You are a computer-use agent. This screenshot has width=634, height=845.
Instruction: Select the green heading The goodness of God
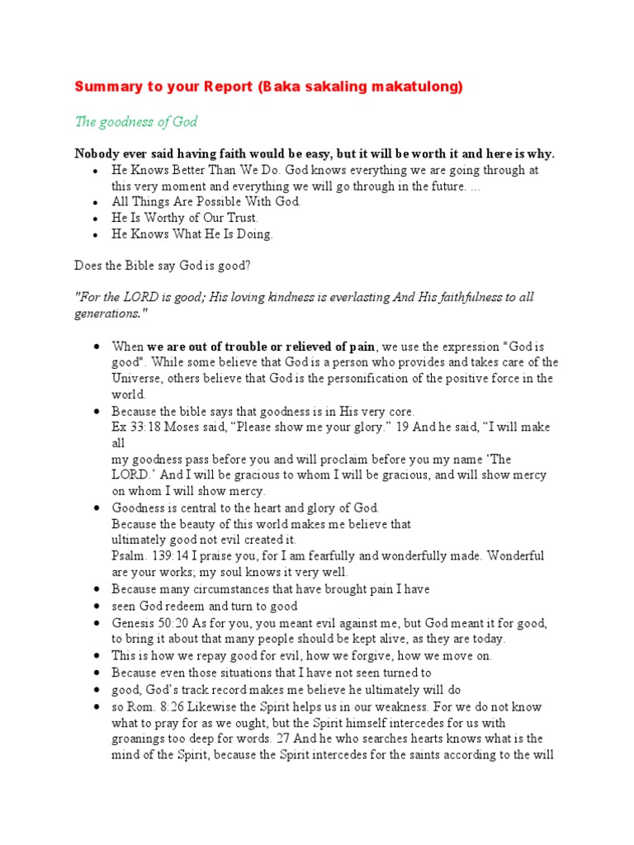click(136, 122)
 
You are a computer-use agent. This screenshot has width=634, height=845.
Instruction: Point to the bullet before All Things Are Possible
click(97, 202)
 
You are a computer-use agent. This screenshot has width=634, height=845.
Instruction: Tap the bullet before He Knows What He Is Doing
click(97, 234)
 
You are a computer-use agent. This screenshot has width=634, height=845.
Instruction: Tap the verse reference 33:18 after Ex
click(147, 427)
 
